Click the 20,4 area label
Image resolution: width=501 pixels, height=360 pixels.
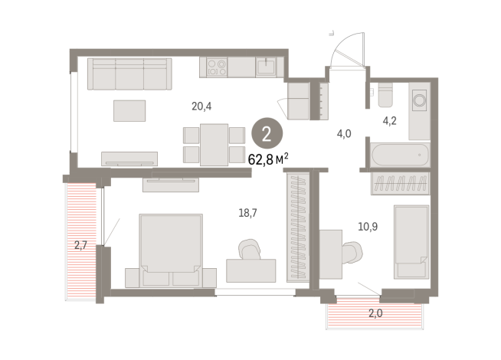201,106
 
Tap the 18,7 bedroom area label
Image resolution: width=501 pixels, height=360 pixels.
247,213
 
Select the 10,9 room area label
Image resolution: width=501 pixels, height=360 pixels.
368,227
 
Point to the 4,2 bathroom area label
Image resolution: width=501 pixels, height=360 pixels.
389,121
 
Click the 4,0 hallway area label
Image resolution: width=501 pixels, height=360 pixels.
344,133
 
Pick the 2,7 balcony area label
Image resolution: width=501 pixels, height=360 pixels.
80,245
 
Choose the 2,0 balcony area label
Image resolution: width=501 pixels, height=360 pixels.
375,313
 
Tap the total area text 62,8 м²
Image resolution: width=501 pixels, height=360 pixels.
268,159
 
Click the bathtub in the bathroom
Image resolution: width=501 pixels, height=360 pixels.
400,155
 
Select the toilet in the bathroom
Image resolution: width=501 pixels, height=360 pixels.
385,94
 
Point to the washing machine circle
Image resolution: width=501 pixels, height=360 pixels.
419,100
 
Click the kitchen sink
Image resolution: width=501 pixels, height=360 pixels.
266,67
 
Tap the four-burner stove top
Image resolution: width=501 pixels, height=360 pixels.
217,67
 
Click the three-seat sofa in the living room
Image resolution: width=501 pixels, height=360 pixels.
129,74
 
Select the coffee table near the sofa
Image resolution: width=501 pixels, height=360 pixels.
129,111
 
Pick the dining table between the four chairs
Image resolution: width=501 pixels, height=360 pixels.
214,145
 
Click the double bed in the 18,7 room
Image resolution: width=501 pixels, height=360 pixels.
171,250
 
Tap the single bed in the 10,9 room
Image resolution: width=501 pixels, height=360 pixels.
411,242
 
